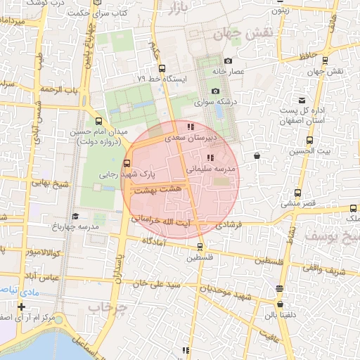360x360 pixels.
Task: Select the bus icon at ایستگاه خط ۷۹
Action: [162, 68]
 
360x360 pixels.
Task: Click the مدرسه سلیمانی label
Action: [212, 169]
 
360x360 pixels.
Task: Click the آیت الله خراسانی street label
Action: [166, 219]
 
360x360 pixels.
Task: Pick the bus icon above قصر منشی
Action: [297, 193]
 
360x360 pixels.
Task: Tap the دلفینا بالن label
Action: [281, 314]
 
